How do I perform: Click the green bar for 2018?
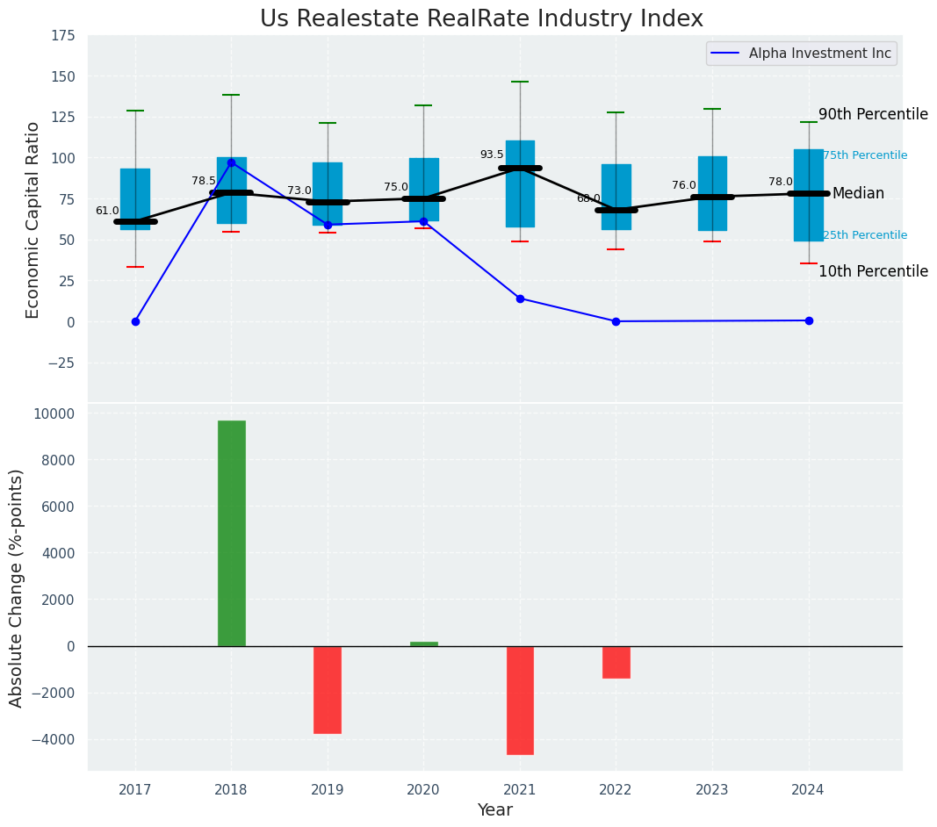point(232,533)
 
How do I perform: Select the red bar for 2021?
point(520,700)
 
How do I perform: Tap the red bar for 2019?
point(328,689)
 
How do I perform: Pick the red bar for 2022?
point(616,662)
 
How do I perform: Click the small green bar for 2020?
point(424,644)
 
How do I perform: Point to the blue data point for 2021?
point(520,298)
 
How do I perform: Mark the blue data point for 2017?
point(135,321)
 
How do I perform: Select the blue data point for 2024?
point(809,320)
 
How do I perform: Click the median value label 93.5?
point(492,155)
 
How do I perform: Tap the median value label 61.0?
point(107,211)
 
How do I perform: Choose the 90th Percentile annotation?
point(873,114)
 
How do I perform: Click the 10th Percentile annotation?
point(873,271)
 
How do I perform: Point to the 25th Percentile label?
point(865,235)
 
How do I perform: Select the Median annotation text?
point(858,193)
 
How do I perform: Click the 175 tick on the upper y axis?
point(63,36)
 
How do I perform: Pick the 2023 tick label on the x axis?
point(712,790)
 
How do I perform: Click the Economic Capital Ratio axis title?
point(33,219)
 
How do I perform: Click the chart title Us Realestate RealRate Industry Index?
point(481,19)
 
